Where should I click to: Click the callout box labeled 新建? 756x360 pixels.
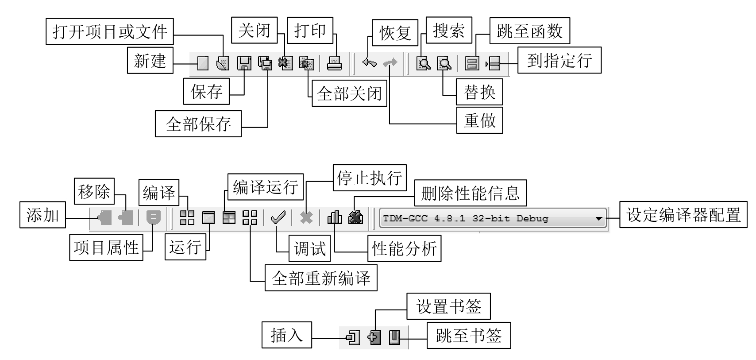pyautogui.click(x=150, y=60)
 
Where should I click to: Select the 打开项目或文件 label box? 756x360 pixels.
pyautogui.click(x=109, y=31)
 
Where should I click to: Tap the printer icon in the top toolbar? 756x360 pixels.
pyautogui.click(x=334, y=63)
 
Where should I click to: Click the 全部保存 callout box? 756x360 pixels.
pyautogui.click(x=198, y=124)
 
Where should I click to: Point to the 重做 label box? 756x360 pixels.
pyautogui.click(x=479, y=120)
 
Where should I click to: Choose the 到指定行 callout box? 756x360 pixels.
pyautogui.click(x=559, y=60)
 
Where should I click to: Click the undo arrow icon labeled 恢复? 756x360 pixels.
pyautogui.click(x=369, y=63)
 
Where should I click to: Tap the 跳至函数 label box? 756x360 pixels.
pyautogui.click(x=529, y=31)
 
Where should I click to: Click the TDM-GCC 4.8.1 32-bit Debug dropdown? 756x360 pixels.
pyautogui.click(x=487, y=218)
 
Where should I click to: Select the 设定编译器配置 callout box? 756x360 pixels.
pyautogui.click(x=683, y=215)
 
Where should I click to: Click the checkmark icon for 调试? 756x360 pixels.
pyautogui.click(x=278, y=217)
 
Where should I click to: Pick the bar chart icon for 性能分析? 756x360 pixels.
pyautogui.click(x=335, y=217)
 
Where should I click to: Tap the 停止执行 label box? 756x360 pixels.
pyautogui.click(x=370, y=178)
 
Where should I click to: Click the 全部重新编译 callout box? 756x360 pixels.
pyautogui.click(x=321, y=278)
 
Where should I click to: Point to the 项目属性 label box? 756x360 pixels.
pyautogui.click(x=106, y=248)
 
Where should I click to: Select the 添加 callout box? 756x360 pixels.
pyautogui.click(x=42, y=215)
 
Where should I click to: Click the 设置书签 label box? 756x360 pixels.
pyautogui.click(x=448, y=306)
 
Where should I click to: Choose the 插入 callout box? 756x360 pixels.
pyautogui.click(x=286, y=335)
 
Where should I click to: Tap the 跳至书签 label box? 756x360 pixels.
pyautogui.click(x=468, y=336)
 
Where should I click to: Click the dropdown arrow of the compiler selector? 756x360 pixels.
pyautogui.click(x=599, y=219)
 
